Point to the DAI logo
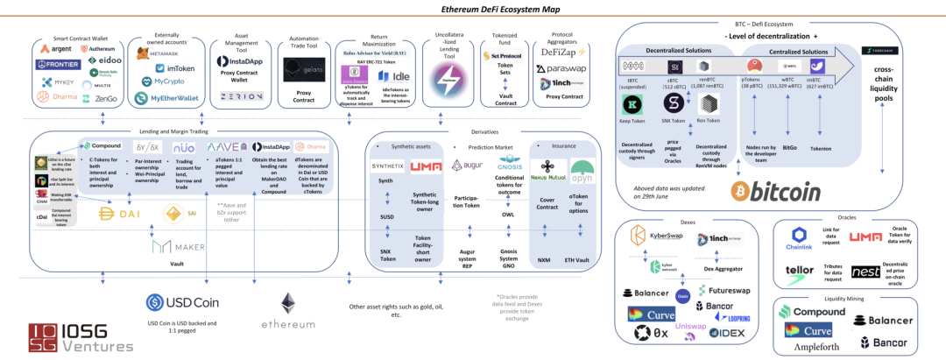(x=120, y=213)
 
